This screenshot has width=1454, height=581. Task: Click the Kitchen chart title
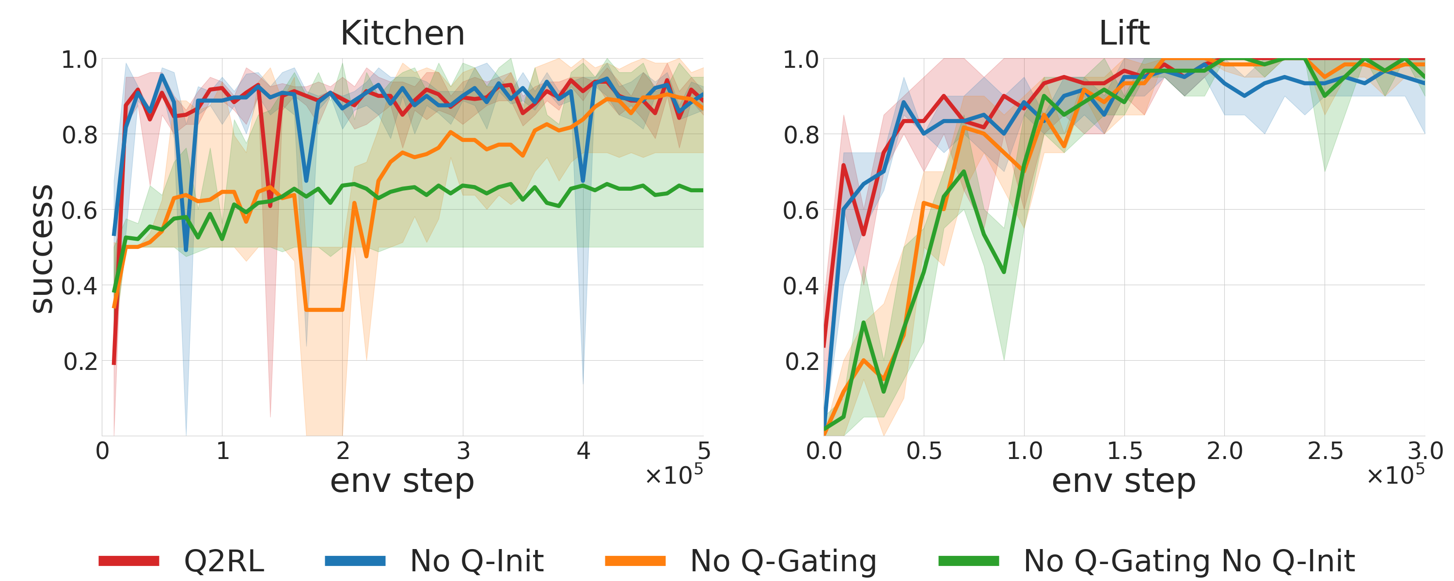(402, 33)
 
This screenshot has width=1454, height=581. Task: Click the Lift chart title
(1124, 33)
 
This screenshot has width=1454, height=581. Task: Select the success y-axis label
(42, 248)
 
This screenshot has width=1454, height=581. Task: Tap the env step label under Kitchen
(402, 481)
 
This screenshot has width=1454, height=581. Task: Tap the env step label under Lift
(1124, 481)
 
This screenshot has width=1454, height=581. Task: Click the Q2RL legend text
(224, 561)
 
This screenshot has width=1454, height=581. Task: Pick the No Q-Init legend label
(477, 561)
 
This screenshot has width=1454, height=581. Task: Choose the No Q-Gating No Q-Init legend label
(1189, 561)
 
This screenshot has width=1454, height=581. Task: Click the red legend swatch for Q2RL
(129, 561)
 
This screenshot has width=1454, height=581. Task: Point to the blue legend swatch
(355, 561)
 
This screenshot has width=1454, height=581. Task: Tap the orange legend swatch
(635, 561)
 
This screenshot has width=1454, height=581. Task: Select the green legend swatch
(968, 561)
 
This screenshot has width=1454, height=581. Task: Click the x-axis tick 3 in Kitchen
(463, 451)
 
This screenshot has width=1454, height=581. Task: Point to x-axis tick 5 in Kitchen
(703, 451)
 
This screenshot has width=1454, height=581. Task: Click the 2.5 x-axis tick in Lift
(1325, 451)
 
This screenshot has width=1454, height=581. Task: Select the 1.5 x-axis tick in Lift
(1124, 451)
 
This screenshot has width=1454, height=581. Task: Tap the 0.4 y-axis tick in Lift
(800, 286)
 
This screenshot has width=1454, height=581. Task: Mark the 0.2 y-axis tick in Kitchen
(80, 362)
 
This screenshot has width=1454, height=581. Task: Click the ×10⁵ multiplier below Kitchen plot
(675, 474)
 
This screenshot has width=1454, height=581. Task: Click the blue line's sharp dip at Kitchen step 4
(583, 181)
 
